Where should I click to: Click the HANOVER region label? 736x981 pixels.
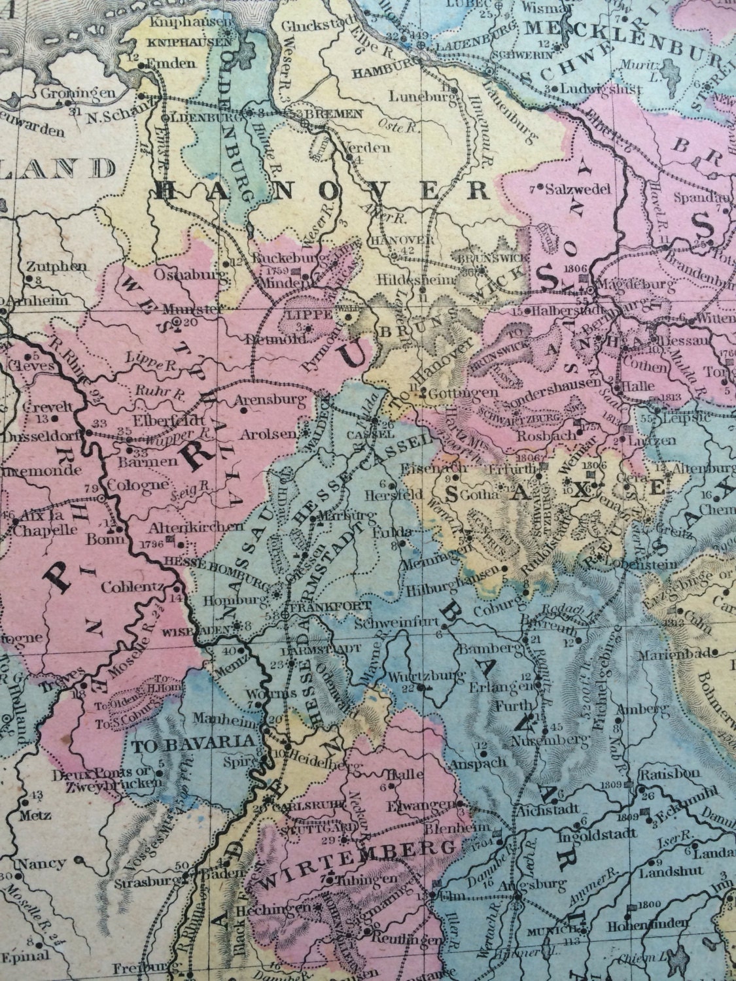click(324, 191)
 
